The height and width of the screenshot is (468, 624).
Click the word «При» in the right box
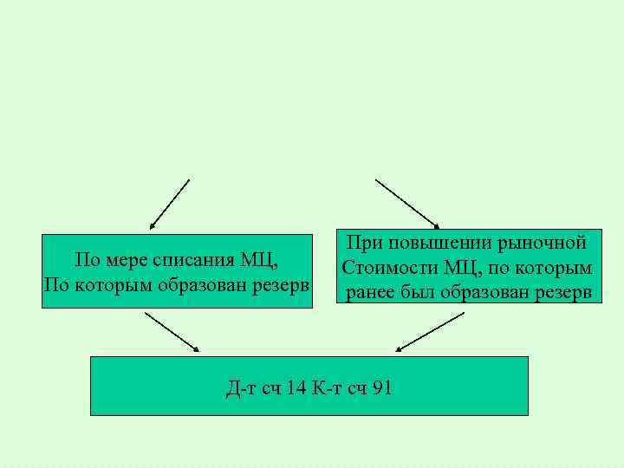point(365,244)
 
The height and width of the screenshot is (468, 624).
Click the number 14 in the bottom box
point(296,387)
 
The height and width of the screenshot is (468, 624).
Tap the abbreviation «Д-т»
point(239,387)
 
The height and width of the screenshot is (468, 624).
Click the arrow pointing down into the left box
point(169,205)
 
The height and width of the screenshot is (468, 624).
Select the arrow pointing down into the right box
point(407,205)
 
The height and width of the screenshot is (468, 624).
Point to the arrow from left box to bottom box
point(172,332)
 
